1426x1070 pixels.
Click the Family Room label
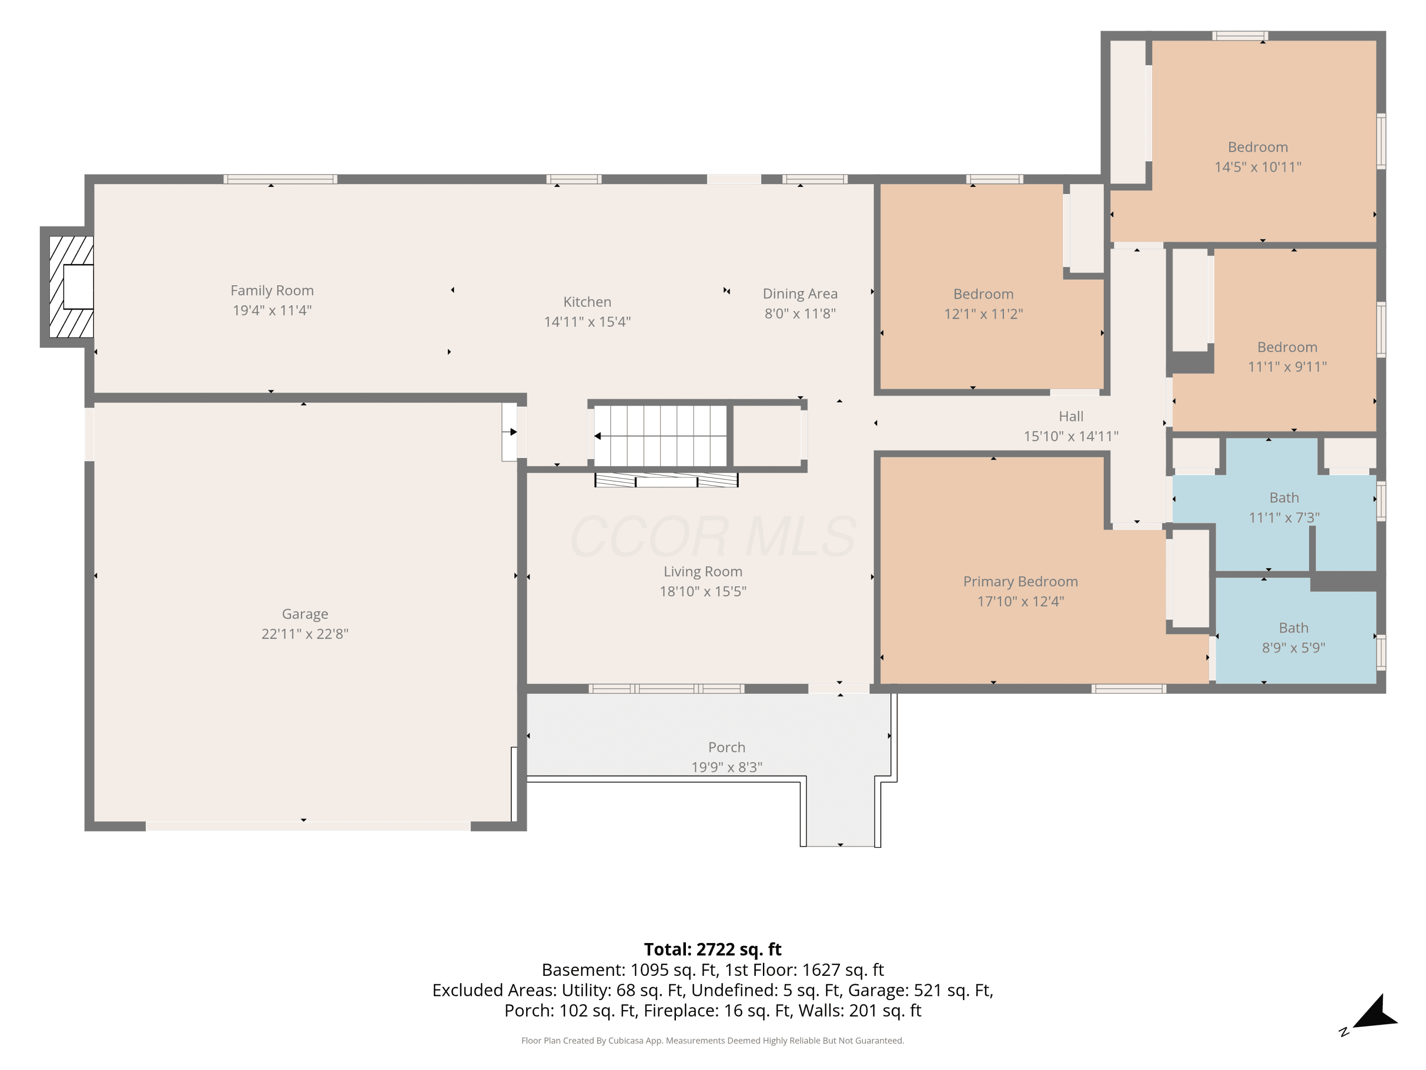coord(272,291)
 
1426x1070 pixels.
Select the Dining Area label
coord(800,294)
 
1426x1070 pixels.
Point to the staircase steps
coord(660,435)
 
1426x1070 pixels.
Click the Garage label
coord(305,614)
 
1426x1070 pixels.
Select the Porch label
coord(726,748)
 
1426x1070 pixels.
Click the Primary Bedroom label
coord(1021,582)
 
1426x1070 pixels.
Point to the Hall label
coord(1071,417)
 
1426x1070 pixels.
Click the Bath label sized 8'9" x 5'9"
coord(1293,628)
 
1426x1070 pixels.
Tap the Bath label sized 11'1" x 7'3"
coord(1283,498)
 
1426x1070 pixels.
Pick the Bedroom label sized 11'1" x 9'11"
coord(1287,348)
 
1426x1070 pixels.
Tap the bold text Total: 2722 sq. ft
coord(713,949)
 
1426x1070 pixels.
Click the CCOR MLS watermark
coord(713,536)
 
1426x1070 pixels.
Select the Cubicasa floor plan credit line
coord(713,1041)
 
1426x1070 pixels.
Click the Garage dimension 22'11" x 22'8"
coord(305,634)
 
